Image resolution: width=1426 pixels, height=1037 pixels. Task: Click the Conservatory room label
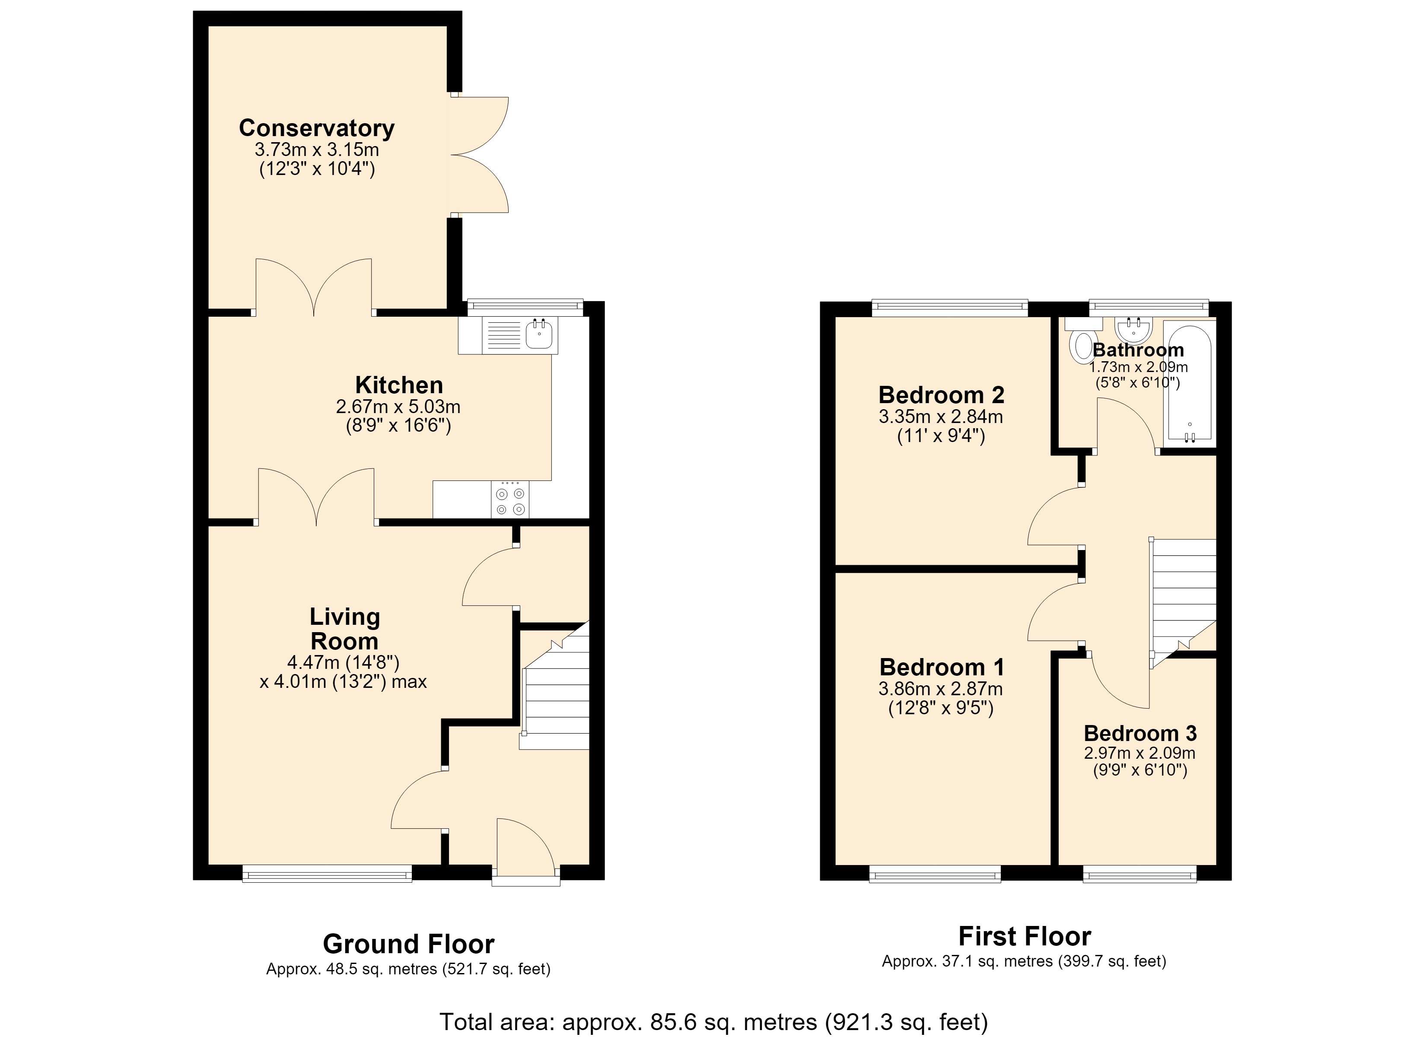pyautogui.click(x=317, y=128)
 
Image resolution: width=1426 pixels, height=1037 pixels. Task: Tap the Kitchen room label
pyautogui.click(x=399, y=385)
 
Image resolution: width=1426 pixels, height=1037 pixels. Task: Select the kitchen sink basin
pyautogui.click(x=539, y=334)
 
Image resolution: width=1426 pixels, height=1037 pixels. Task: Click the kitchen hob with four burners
pyautogui.click(x=510, y=499)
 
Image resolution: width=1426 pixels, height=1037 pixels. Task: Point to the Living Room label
pyautogui.click(x=344, y=629)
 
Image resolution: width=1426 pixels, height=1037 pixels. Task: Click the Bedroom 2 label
pyautogui.click(x=941, y=395)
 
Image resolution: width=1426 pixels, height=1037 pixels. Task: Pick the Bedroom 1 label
pyautogui.click(x=941, y=667)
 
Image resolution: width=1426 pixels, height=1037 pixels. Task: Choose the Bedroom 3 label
pyautogui.click(x=1140, y=733)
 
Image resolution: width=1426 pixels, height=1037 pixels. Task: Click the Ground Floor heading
pyautogui.click(x=409, y=944)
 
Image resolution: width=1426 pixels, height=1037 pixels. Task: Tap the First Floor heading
pyautogui.click(x=1025, y=936)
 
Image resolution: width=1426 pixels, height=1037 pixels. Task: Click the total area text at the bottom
pyautogui.click(x=713, y=1022)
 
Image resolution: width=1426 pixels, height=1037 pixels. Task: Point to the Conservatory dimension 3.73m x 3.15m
pyautogui.click(x=317, y=150)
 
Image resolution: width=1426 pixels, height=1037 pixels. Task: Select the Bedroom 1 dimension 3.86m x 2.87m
pyautogui.click(x=941, y=689)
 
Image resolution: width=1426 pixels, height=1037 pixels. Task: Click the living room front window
pyautogui.click(x=327, y=874)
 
